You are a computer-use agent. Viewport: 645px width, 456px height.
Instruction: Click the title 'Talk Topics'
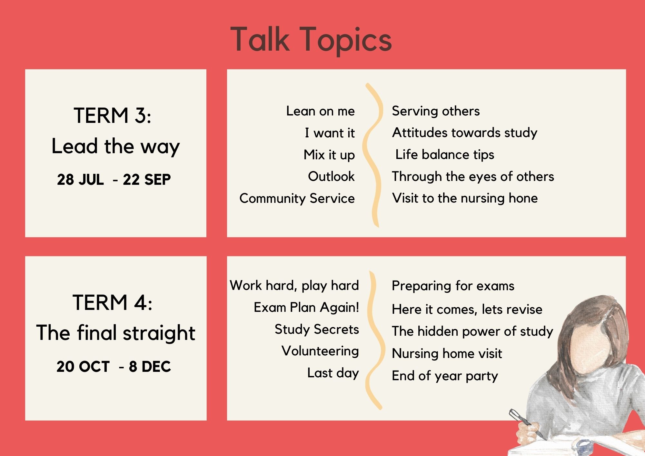311,40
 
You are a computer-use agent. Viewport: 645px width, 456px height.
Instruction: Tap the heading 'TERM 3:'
113,115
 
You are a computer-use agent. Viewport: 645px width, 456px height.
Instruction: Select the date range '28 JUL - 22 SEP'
114,180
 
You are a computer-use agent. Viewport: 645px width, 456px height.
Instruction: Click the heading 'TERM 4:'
113,302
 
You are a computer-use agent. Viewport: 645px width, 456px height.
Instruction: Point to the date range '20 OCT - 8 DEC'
114,367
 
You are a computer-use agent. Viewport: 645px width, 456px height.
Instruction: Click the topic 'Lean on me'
320,111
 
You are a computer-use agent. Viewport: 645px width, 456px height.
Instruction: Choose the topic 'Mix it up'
329,155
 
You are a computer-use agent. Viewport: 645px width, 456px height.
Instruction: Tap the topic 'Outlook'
331,176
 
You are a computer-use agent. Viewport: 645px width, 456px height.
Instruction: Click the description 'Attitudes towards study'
465,133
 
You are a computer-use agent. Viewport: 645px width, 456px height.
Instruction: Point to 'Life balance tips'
445,155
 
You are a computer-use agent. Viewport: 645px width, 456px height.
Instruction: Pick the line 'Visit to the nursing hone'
465,198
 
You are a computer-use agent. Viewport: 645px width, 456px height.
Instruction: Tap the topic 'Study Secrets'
317,330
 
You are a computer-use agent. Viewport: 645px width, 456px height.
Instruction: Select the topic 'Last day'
333,373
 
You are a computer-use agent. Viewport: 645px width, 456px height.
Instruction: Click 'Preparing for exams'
453,286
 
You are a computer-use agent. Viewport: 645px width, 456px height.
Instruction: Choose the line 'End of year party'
445,376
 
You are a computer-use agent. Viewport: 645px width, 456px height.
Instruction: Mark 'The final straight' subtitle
116,333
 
